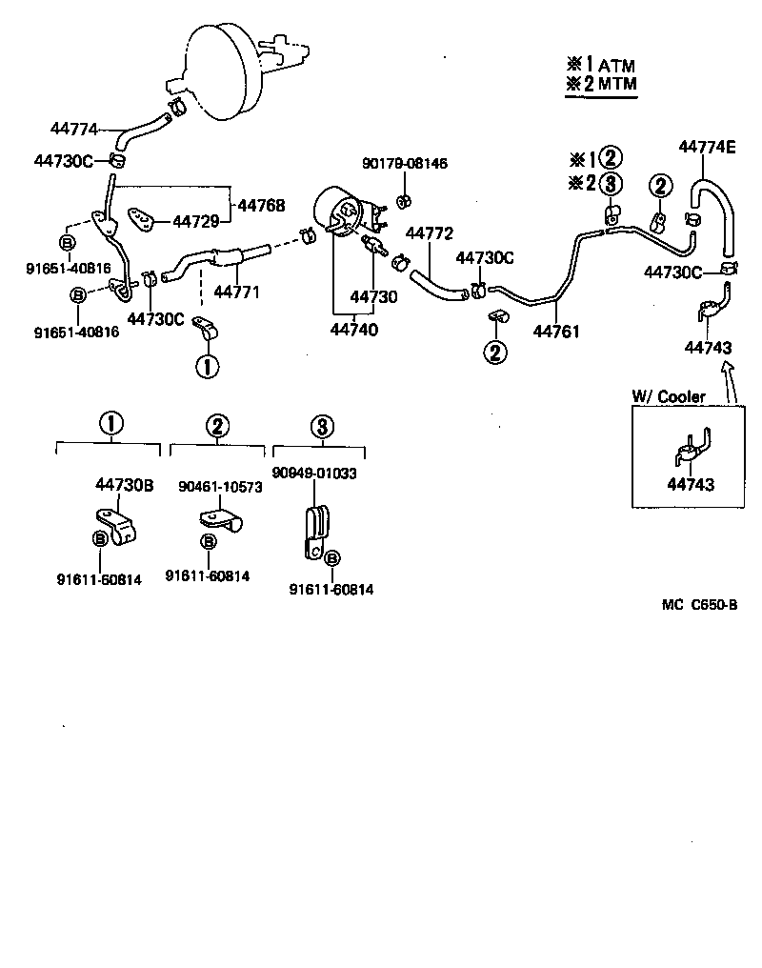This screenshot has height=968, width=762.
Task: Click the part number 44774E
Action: pyautogui.click(x=707, y=147)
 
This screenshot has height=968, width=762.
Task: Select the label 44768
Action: pyautogui.click(x=260, y=205)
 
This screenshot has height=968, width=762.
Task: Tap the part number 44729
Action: pyautogui.click(x=196, y=221)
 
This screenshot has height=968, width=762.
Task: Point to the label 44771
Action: pyautogui.click(x=237, y=291)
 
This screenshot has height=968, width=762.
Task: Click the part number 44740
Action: pyautogui.click(x=354, y=330)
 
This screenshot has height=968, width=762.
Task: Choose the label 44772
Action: pyautogui.click(x=429, y=233)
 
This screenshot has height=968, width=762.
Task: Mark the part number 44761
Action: pyautogui.click(x=557, y=332)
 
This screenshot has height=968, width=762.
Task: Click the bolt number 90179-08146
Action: pyautogui.click(x=404, y=164)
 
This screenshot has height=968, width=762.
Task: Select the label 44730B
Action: pyautogui.click(x=124, y=485)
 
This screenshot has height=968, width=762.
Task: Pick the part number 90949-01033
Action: pyautogui.click(x=313, y=473)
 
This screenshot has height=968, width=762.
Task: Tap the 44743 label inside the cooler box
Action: pyautogui.click(x=690, y=485)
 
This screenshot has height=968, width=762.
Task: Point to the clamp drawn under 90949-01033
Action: pyautogui.click(x=313, y=532)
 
